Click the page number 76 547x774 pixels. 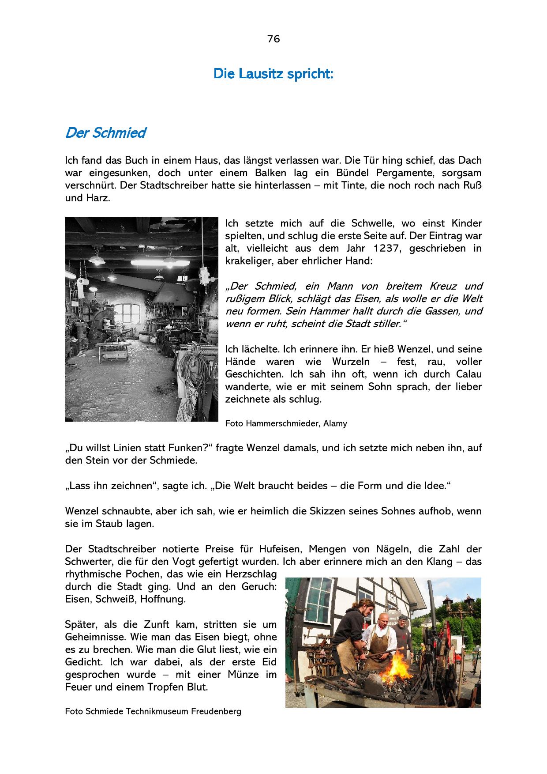pyautogui.click(x=273, y=39)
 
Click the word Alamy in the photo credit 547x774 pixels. pyautogui.click(x=335, y=424)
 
